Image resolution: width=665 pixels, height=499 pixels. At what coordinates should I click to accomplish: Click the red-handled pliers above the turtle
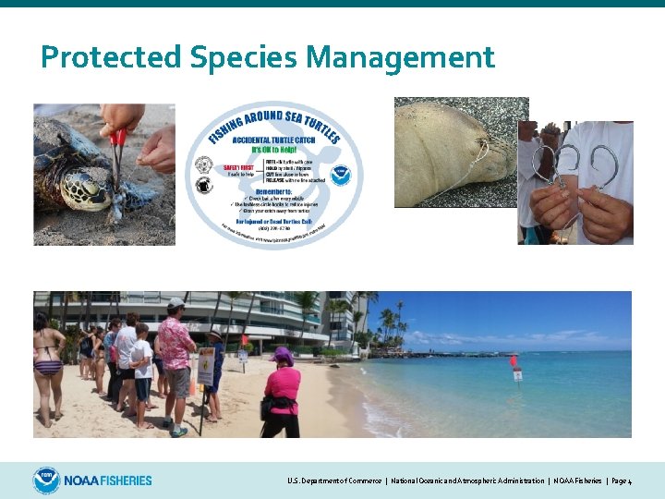(117, 149)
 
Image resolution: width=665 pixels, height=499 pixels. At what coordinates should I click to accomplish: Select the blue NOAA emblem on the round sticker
(341, 175)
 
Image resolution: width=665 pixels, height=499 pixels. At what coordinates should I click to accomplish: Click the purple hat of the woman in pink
(283, 356)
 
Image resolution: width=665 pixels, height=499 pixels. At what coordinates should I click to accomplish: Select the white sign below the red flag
(517, 374)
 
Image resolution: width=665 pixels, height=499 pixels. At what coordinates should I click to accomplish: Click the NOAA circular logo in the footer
(46, 481)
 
